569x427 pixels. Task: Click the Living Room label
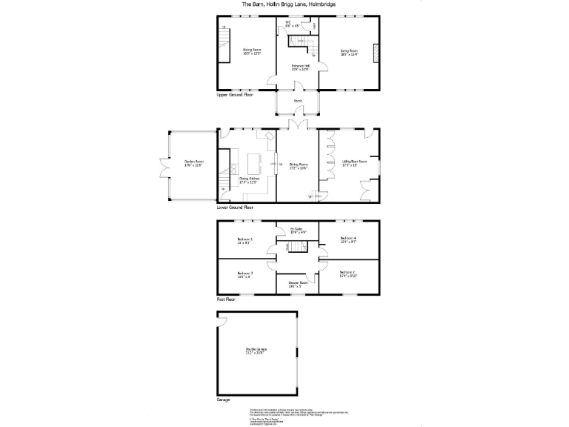349,53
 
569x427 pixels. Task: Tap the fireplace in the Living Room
375,53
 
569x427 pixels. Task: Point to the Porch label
298,101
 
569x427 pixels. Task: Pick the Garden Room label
194,163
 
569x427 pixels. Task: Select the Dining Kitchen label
248,180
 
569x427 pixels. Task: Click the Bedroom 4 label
348,240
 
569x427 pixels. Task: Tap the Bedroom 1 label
245,240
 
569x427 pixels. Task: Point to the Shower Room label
298,284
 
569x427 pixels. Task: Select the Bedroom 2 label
348,274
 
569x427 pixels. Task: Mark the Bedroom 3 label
245,275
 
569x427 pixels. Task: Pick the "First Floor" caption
226,299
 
